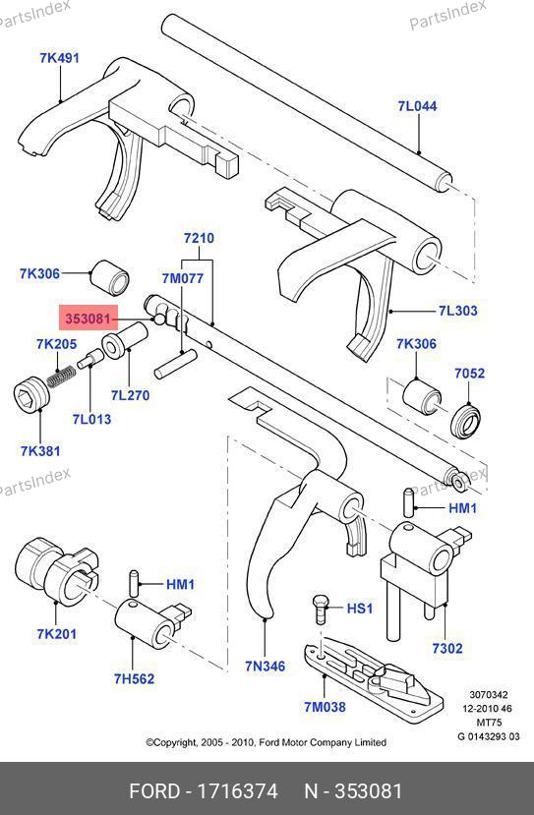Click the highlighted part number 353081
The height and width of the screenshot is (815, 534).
pos(88,319)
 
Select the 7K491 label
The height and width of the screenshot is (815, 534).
pos(59,58)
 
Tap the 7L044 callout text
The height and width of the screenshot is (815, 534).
pos(418,106)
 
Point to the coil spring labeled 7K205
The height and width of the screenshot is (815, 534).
pos(60,376)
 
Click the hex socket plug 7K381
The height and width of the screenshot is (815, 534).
pos(30,394)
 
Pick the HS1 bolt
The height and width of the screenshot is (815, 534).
pos(321,611)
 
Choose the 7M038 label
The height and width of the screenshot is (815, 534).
pos(325,707)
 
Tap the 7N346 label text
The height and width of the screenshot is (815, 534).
pos(266,666)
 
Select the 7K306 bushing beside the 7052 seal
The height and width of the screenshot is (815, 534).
pos(422,398)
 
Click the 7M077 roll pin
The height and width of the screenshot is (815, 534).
pos(175,364)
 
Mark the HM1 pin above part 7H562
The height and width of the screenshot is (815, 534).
pos(134,584)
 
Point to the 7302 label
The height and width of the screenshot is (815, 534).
pos(447,648)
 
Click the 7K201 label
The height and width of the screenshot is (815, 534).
pos(56,633)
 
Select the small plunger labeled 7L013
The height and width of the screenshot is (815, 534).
pos(89,359)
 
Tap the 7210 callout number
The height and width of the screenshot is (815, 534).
pos(199,238)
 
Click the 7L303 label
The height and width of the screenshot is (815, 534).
pos(457,311)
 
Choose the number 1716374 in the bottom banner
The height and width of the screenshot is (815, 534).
pos(237,791)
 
